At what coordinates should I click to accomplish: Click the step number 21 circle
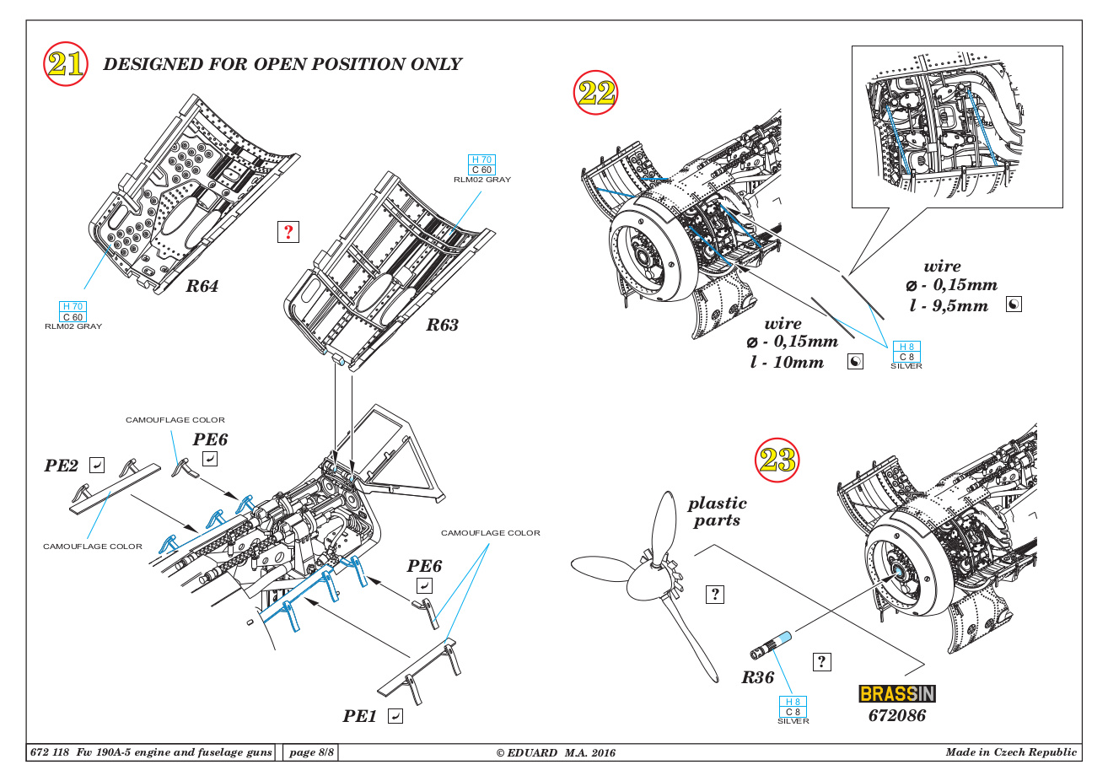65,63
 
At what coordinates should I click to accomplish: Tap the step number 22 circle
595,92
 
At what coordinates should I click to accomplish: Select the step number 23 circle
777,460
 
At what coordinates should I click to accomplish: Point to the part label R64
202,286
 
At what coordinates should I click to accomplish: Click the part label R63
442,325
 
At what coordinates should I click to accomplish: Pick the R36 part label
757,677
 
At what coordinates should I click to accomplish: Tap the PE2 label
62,466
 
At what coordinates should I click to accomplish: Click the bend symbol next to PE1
395,716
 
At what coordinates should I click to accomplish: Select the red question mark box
288,232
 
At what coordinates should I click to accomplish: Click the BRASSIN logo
897,693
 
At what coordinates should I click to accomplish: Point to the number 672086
897,715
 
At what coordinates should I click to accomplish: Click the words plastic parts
717,511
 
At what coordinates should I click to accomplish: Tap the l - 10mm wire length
787,362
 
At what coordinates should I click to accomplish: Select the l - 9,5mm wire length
949,305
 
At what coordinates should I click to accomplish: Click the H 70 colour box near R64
73,307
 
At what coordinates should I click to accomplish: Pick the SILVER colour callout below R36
793,721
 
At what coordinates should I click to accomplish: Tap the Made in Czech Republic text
1011,752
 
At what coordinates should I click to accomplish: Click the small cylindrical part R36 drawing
771,645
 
